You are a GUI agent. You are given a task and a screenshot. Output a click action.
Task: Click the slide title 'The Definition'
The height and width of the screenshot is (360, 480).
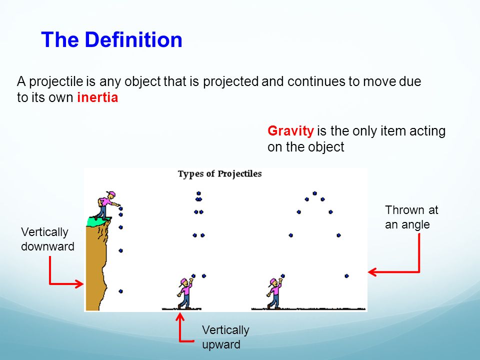(x=111, y=40)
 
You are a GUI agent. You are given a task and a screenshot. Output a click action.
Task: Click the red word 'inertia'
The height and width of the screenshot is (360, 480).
(x=97, y=97)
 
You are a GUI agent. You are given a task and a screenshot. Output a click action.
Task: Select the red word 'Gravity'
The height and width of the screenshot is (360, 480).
(x=290, y=131)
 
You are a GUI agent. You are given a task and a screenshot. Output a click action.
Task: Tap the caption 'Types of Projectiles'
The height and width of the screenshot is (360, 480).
(x=220, y=174)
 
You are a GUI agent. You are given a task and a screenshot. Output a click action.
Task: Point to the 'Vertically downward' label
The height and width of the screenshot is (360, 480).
(x=47, y=239)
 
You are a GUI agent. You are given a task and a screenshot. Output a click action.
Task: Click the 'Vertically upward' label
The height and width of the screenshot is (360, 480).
(x=225, y=337)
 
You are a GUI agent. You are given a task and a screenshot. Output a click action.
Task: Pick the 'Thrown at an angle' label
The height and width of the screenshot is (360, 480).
(x=411, y=217)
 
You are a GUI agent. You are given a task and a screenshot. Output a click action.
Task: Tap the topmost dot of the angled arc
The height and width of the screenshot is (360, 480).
(x=314, y=193)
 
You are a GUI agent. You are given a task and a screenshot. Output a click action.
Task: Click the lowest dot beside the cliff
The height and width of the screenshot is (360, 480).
(x=120, y=291)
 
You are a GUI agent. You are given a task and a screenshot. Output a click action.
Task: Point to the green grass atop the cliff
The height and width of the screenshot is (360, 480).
(x=98, y=221)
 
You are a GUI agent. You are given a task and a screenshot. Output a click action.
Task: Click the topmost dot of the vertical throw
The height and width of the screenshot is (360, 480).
(x=198, y=193)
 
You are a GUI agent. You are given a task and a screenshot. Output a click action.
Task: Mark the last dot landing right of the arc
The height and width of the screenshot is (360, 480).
(x=346, y=276)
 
